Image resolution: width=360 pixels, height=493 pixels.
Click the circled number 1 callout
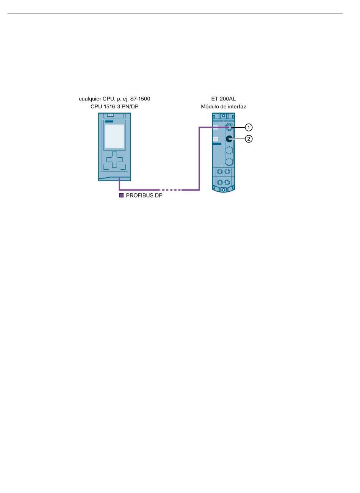249,127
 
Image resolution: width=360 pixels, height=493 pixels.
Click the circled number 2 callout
249,139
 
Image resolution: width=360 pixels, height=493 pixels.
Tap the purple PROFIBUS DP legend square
121,196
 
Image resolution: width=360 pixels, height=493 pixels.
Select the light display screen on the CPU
114,136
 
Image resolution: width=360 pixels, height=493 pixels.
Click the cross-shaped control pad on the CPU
114,160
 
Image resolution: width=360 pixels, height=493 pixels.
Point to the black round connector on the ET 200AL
229,139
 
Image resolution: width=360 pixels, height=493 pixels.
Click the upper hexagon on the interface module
229,150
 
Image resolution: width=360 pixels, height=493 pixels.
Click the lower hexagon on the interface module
229,162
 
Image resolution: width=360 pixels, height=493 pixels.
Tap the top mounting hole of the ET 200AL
223,115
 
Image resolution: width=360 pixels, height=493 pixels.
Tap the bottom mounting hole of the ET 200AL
223,190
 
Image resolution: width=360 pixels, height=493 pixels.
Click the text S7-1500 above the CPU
140,99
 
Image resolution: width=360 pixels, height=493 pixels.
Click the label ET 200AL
223,99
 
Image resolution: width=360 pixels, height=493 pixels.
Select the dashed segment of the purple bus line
170,190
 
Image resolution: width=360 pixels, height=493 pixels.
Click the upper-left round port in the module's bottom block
220,172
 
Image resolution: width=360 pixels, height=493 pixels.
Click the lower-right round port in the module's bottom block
227,182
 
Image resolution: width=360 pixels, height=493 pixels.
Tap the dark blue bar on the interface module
217,144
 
